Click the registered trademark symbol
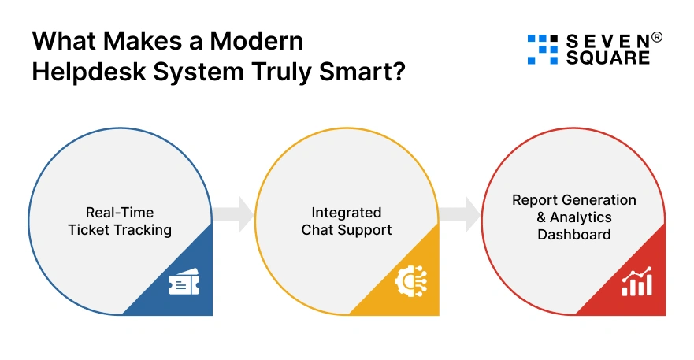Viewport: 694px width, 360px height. tap(658, 36)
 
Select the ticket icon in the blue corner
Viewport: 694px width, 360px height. tap(184, 285)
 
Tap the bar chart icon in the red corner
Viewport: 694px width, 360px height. tap(636, 282)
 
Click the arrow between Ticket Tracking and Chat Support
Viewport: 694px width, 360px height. tap(234, 213)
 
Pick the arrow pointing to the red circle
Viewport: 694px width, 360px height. tap(461, 213)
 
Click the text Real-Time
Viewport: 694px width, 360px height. tap(120, 213)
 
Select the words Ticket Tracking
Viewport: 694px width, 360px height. tap(120, 230)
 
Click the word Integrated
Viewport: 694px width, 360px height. tap(347, 213)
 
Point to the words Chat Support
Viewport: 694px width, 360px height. tap(347, 230)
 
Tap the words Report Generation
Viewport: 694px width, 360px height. tap(573, 199)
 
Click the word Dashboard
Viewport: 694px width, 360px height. tap(573, 234)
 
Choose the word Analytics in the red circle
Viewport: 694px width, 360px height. tap(581, 217)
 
